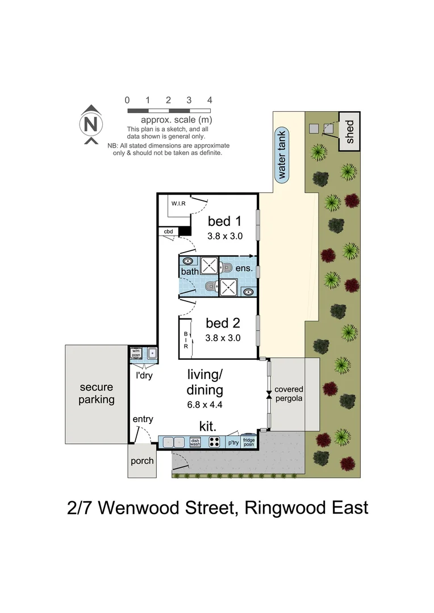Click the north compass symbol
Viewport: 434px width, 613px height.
[x=91, y=123]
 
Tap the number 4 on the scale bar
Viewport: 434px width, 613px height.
[x=210, y=100]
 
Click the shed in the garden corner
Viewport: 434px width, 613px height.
[x=350, y=132]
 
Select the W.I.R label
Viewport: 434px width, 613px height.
[x=179, y=203]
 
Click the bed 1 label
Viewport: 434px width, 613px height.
[x=224, y=221]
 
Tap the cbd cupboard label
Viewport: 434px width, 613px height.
[x=168, y=232]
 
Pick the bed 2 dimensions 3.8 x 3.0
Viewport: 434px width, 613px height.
[x=223, y=338]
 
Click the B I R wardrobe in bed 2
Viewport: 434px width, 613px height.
[x=185, y=338]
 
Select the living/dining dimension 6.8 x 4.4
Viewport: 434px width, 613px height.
[x=205, y=405]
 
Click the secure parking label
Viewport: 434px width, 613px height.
[x=96, y=393]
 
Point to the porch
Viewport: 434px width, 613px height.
[x=142, y=460]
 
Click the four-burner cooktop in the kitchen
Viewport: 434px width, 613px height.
[x=215, y=442]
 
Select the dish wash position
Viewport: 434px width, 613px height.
[x=195, y=442]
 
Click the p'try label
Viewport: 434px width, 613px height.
[x=233, y=442]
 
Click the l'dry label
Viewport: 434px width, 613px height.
[x=143, y=375]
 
